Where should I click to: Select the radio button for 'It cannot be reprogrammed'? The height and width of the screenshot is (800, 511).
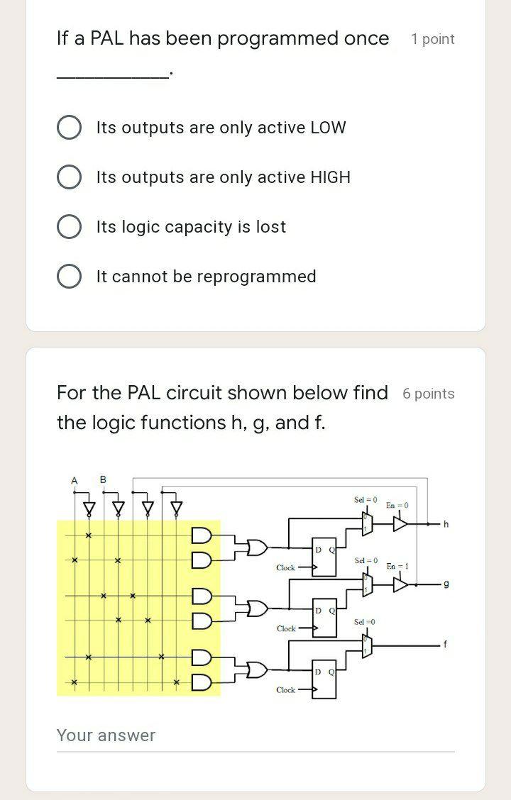coord(69,277)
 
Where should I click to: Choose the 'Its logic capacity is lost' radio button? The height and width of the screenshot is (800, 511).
coord(69,227)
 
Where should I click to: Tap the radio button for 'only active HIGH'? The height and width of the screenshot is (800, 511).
coord(69,177)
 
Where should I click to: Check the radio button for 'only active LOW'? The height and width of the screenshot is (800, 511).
coord(69,128)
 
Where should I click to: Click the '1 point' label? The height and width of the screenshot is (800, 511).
coord(432,40)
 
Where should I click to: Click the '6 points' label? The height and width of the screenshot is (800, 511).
coord(428,394)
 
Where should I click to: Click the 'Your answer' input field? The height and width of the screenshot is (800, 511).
coord(255,735)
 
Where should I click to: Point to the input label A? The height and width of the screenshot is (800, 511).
coord(74,481)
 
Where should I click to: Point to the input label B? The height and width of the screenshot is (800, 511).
coord(103,480)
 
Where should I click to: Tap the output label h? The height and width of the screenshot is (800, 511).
coord(446,524)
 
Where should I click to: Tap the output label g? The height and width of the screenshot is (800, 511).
coord(446,584)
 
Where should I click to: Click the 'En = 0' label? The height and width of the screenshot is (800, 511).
coord(397,506)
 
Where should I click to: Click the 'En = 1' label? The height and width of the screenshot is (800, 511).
coord(397,566)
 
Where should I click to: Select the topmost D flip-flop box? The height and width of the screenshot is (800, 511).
coord(325,557)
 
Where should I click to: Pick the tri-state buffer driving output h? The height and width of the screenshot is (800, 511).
coord(401,524)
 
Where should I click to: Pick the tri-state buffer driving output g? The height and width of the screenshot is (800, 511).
coord(401,584)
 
